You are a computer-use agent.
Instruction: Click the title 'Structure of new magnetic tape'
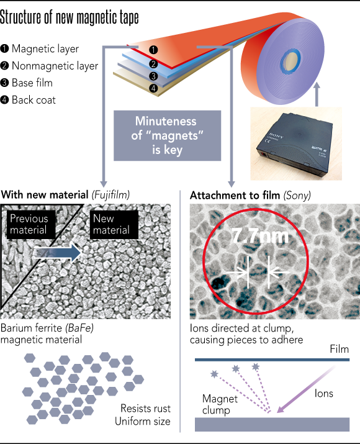[x=70, y=17]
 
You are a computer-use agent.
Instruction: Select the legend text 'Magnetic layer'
[x=45, y=48]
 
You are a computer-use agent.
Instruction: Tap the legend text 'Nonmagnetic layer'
[x=55, y=66]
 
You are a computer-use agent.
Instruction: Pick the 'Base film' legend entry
[x=32, y=83]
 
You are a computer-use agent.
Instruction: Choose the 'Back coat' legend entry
[x=34, y=100]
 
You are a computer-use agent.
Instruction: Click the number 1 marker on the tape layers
[x=153, y=50]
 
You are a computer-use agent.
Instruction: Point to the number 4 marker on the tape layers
[x=153, y=88]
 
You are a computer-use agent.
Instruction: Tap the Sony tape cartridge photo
[x=296, y=143]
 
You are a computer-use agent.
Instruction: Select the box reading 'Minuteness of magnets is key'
[x=167, y=135]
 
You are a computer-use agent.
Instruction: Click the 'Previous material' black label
[x=31, y=225]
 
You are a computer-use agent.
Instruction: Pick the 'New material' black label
[x=114, y=225]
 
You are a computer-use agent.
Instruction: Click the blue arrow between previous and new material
[x=58, y=253]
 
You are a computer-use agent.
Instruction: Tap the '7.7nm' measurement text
[x=260, y=235]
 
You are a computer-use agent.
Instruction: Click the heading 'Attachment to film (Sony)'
[x=250, y=196]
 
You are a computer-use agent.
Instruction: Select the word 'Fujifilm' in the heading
[x=110, y=195]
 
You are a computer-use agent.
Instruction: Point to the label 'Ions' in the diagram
[x=324, y=393]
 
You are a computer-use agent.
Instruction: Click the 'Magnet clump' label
[x=220, y=404]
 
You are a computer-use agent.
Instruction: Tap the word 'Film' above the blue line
[x=340, y=349]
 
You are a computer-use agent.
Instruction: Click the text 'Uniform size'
[x=143, y=422]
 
